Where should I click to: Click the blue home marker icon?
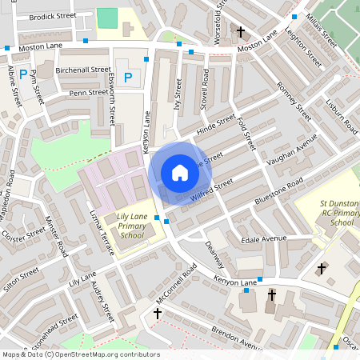click(180, 172)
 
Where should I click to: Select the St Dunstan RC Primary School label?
click(336, 214)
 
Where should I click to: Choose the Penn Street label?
click(88, 93)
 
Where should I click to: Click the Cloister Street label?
click(23, 236)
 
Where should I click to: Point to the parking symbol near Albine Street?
click(24, 74)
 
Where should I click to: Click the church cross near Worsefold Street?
click(241, 32)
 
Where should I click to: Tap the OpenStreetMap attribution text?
click(80, 354)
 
